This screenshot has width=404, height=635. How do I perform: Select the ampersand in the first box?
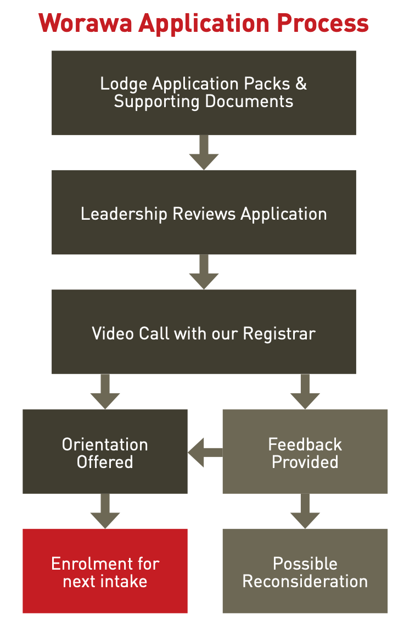[301, 84]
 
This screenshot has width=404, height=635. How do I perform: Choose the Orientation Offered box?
[105, 452]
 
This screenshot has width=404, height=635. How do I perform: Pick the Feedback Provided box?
[305, 452]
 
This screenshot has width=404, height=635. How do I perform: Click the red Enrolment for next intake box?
[105, 571]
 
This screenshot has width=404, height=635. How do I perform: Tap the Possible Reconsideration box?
[305, 571]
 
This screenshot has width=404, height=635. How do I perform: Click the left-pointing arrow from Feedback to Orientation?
[205, 452]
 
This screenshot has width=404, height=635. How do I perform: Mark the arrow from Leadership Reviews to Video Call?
[204, 272]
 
